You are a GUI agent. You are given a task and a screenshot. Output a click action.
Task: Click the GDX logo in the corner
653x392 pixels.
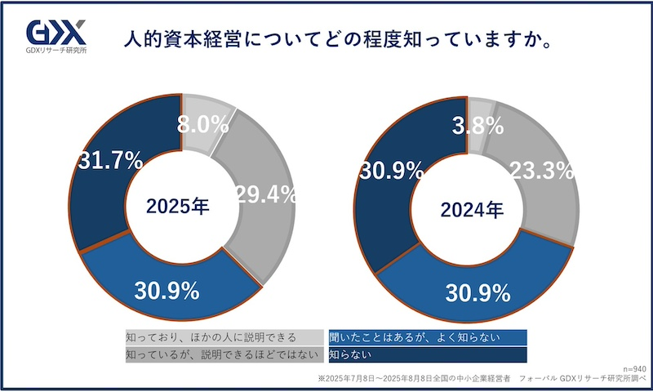56,33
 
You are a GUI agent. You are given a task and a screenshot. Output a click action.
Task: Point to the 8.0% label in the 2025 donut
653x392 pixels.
202,124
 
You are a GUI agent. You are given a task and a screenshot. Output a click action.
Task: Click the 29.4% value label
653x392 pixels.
265,194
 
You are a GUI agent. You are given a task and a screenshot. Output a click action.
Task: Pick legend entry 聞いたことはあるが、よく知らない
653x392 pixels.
414,336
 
